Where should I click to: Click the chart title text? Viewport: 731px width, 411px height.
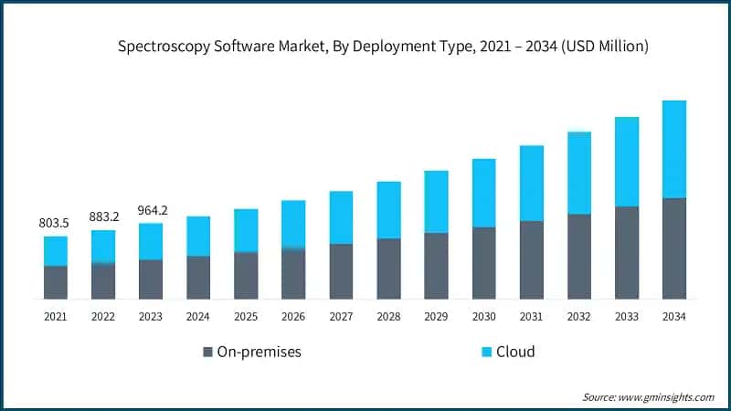pos(384,47)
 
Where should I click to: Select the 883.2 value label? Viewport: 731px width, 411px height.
pos(103,216)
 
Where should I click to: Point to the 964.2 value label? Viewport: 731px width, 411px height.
pos(151,210)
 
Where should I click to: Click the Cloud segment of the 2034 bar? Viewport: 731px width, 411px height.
pos(673,149)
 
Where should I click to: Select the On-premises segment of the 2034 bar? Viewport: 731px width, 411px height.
pos(673,248)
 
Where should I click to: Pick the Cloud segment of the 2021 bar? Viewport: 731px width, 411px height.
pos(56,251)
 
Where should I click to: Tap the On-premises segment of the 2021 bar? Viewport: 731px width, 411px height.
pos(56,282)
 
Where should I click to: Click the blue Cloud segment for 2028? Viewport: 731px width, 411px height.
pos(388,210)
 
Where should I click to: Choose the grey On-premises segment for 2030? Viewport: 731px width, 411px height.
pos(483,263)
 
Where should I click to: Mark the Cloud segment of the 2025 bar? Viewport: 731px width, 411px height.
pos(246,230)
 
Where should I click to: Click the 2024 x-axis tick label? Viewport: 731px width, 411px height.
pos(198,316)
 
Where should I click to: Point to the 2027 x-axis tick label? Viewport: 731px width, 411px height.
pos(341,316)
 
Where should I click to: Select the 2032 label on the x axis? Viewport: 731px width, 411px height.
pos(578,316)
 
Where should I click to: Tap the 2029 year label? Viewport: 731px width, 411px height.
pos(436,316)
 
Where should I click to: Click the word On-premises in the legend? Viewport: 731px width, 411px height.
pos(259,352)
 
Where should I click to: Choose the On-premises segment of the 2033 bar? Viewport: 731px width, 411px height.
pos(626,253)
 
